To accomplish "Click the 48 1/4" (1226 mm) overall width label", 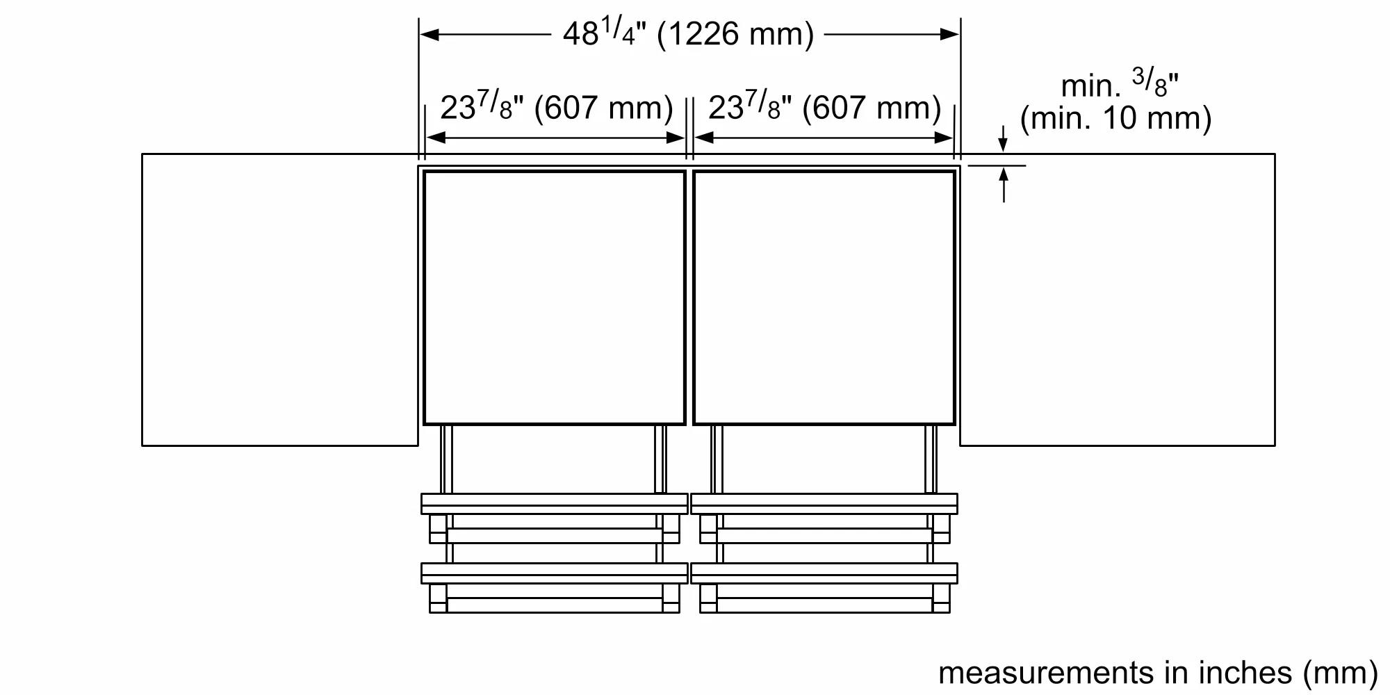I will point(688,33).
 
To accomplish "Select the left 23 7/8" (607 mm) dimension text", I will point(556,108).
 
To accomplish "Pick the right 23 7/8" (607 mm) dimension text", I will point(824,108).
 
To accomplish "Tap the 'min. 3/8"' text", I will point(1119,85).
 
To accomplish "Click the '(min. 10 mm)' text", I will point(1115,118).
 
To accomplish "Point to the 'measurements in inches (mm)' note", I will point(1157,672).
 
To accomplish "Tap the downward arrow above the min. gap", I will point(1002,145).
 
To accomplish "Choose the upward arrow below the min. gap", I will point(1004,177).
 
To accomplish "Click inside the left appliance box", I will point(555,297).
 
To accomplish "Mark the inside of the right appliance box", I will point(824,297).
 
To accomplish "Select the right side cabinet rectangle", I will point(1118,299).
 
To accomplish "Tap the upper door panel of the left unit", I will point(555,503).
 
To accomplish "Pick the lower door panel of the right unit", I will point(824,573).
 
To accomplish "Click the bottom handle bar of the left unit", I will point(555,605).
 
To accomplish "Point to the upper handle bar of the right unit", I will point(824,536).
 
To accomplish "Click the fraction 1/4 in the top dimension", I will point(619,31).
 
